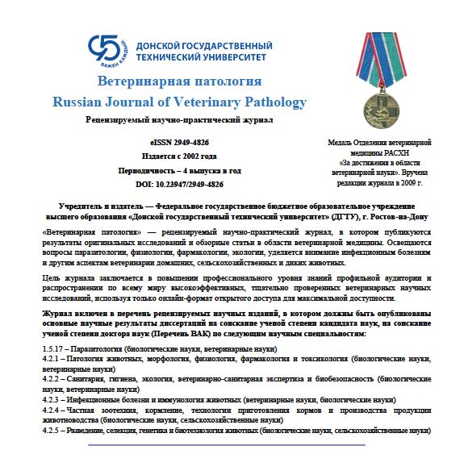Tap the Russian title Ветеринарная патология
coord(178,82)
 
